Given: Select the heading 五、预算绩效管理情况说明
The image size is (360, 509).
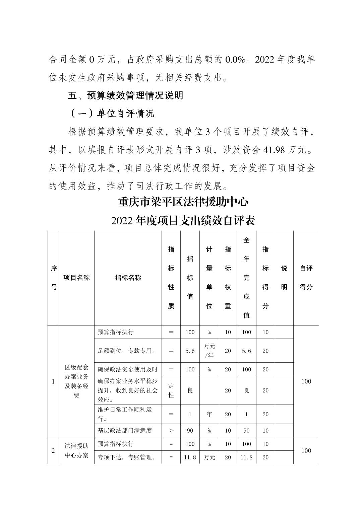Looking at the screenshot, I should [125, 95].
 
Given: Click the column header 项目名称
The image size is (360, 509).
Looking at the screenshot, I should [76, 278].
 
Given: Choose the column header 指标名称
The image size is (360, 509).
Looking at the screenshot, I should [128, 278].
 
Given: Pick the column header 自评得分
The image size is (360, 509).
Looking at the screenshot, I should [306, 278].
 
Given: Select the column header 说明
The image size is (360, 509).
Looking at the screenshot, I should [284, 278].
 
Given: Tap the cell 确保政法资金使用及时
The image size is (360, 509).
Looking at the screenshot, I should [128, 369].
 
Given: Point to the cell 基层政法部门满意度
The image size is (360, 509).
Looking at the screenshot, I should [125, 430].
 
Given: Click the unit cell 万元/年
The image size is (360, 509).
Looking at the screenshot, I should [209, 351].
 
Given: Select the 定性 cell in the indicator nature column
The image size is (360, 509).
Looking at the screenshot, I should [171, 390].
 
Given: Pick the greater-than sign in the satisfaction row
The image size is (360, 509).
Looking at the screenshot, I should [171, 430].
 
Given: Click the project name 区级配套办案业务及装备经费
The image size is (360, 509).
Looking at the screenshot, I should [76, 381].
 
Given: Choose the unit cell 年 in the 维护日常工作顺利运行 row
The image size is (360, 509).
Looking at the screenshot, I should [209, 414].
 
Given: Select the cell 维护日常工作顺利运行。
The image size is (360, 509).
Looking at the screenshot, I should [125, 414].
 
